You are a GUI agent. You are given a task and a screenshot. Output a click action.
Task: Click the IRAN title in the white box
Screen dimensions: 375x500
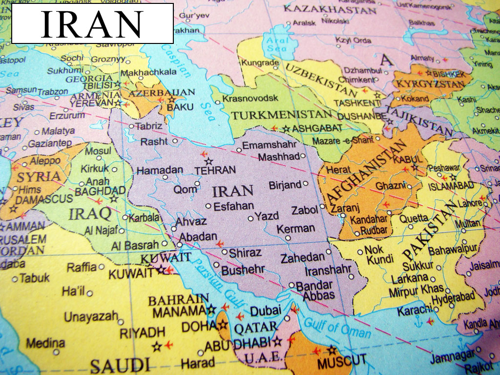coord(92,24)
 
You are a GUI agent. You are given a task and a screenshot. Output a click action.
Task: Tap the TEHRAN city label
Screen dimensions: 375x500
coord(215,170)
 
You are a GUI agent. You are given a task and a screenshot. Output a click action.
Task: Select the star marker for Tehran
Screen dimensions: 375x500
coord(209,161)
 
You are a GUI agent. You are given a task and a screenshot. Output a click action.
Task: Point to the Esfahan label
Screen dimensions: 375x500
coord(233,206)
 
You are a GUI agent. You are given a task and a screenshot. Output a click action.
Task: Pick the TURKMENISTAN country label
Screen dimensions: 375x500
coord(281,115)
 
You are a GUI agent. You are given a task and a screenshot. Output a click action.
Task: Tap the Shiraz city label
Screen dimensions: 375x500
coord(245,252)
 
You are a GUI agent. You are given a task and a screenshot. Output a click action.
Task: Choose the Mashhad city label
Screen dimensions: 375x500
coord(278,157)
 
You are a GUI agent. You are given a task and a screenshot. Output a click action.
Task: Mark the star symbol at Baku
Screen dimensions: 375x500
coord(171,100)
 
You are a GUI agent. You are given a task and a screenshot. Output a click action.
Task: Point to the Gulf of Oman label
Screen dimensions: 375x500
coord(337,327)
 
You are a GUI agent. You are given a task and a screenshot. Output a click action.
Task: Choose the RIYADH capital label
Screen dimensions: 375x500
coord(143,333)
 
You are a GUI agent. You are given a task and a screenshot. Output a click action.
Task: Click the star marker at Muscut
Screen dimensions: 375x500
coord(332,350)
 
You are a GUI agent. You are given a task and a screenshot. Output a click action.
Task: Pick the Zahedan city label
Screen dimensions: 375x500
coord(302,257)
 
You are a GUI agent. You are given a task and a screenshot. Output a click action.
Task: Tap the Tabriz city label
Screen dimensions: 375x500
coord(148,126)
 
